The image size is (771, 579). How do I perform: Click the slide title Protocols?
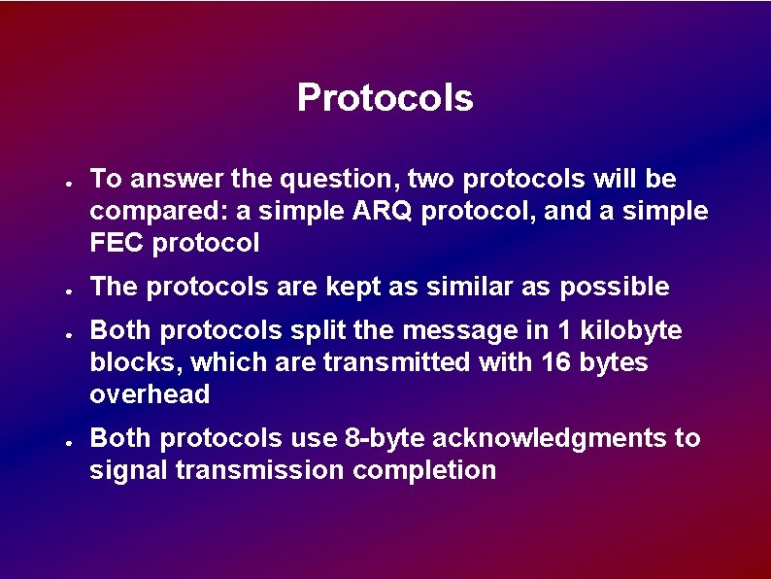pyautogui.click(x=385, y=98)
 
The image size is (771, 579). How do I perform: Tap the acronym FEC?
pyautogui.click(x=117, y=243)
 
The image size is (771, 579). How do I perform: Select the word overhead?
pyautogui.click(x=150, y=393)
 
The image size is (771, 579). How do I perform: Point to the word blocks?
pyautogui.click(x=136, y=362)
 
